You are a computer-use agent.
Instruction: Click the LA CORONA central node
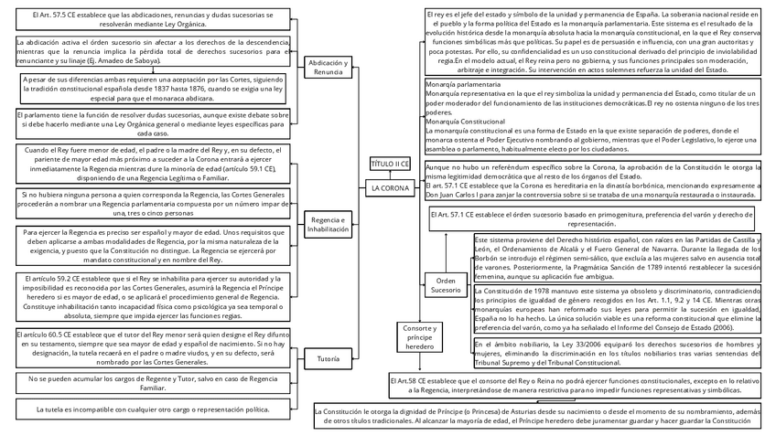(390, 188)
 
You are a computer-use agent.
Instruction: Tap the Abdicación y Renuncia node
(329, 67)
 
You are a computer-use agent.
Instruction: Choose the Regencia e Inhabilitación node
(329, 224)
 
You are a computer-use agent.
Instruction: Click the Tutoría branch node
(329, 359)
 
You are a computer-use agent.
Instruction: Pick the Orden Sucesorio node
(446, 285)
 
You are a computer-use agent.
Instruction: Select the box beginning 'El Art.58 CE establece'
(573, 384)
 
